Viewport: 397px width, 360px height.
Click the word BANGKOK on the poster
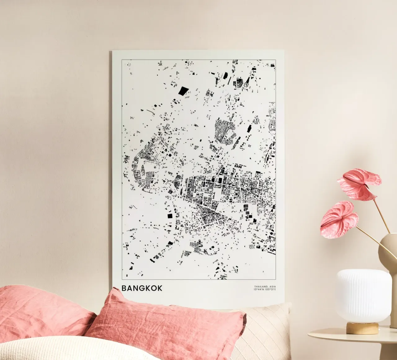[142, 288]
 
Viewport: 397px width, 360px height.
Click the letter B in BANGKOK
[124, 288]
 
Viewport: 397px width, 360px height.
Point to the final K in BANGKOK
[159, 288]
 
